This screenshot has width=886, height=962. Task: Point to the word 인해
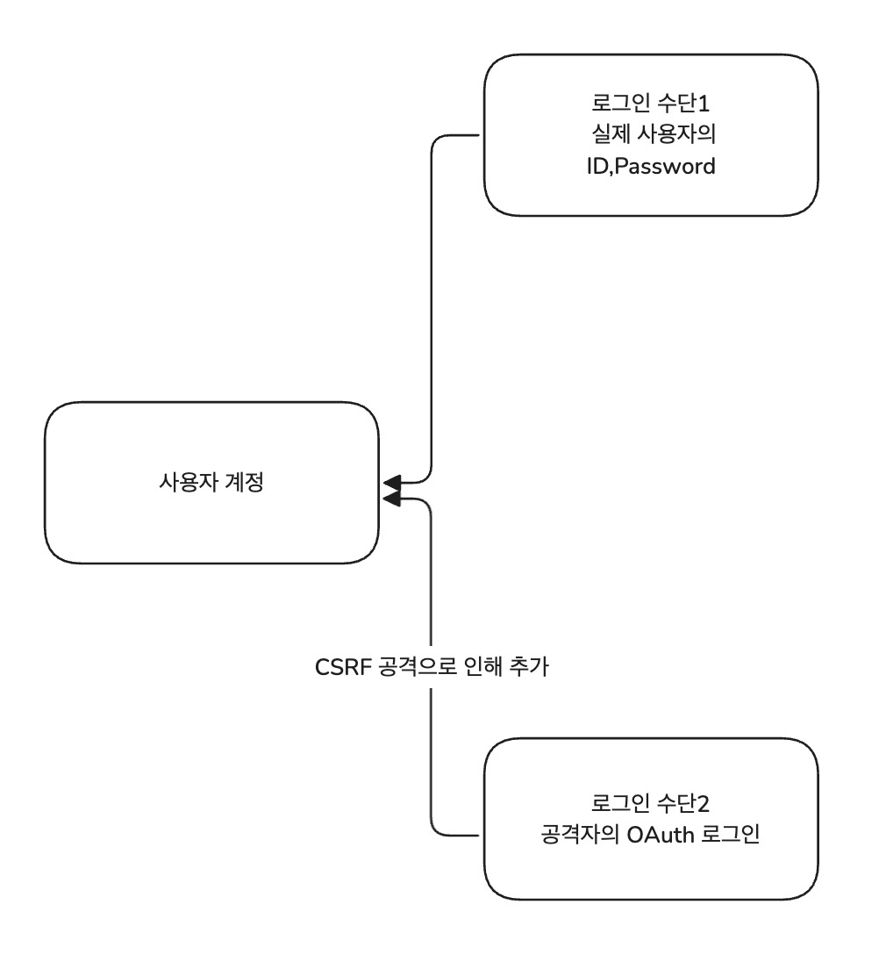coord(480,667)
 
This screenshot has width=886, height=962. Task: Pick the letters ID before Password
coord(597,167)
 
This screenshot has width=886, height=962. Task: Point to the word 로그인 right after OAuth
coord(728,835)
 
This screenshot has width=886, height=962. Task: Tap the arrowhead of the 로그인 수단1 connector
coord(391,482)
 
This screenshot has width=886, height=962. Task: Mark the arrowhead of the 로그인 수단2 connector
coord(391,499)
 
